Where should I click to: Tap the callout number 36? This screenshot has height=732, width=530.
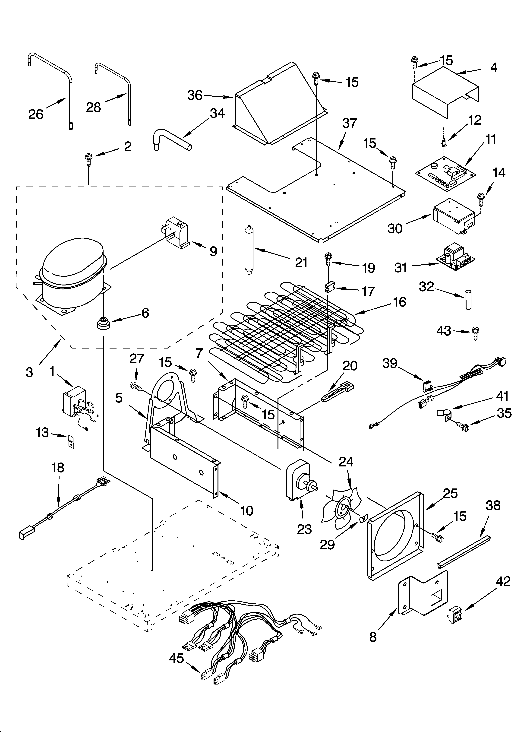195,95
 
